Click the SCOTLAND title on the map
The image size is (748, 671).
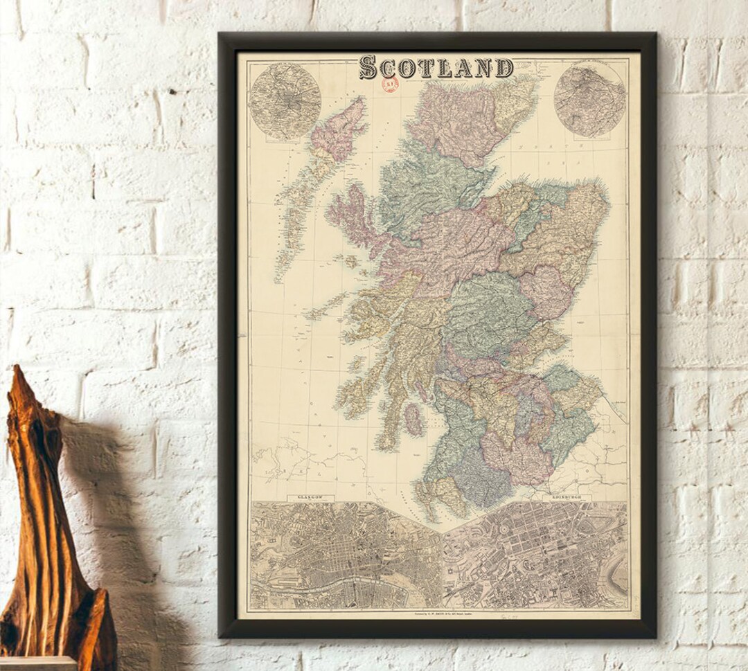coord(436,67)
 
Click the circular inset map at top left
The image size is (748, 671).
coord(284,102)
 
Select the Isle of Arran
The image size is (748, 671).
coord(413,420)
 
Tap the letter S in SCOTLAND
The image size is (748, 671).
coord(369,68)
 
